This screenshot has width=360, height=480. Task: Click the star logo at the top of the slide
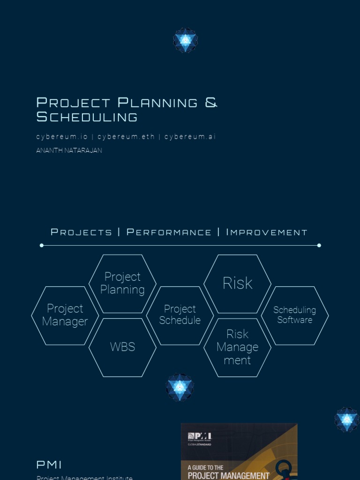coord(186,40)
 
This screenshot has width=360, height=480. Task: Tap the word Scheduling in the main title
coord(87,117)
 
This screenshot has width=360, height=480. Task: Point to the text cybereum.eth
coord(126,137)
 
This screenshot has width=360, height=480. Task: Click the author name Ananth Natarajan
coord(69,150)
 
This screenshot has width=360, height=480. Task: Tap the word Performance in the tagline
coord(169,232)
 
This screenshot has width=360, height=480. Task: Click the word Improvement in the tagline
coord(266,232)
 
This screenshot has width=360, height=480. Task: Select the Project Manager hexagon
coord(65,315)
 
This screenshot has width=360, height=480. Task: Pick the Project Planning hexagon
coord(122,284)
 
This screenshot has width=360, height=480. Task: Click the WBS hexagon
coord(122,347)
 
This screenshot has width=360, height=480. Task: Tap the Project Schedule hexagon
coord(180,315)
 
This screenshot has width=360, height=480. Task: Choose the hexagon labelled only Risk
coord(237,284)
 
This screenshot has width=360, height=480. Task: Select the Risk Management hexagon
coord(237,347)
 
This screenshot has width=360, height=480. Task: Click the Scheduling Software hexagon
coord(295,315)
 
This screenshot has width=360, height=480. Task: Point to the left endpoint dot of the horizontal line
coord(42,245)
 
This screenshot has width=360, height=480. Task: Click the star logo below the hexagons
coord(180,387)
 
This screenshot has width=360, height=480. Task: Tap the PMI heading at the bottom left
coord(49,465)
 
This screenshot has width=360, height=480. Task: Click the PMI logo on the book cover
coord(200,437)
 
